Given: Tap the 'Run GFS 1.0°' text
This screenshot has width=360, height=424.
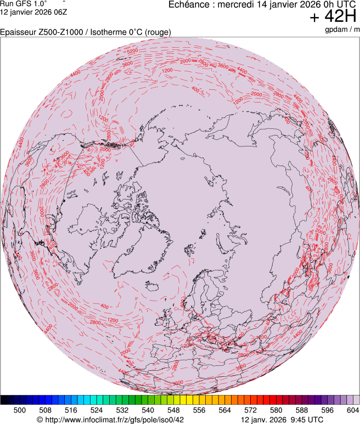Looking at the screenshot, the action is pyautogui.click(x=23, y=3).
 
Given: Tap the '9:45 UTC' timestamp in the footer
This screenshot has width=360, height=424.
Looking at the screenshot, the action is pyautogui.click(x=303, y=419).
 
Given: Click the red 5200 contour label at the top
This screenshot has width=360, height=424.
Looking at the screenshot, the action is pyautogui.click(x=132, y=51).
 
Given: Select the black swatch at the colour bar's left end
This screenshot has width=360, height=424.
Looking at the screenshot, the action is pyautogui.click(x=4, y=400).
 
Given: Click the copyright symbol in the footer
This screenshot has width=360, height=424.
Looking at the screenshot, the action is pyautogui.click(x=40, y=419).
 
